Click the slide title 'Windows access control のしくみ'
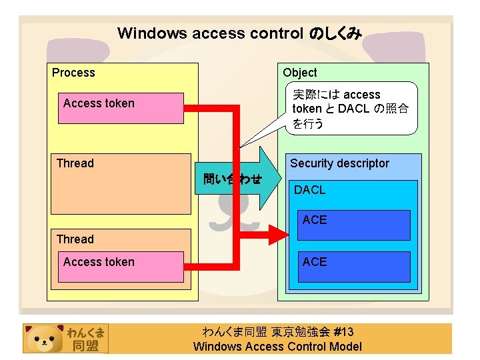239,33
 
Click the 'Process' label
73,73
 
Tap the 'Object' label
299,73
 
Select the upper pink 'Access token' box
121,108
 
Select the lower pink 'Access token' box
121,267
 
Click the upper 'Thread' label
75,163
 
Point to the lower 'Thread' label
75,239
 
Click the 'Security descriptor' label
339,163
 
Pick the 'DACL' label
310,190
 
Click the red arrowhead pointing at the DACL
276,233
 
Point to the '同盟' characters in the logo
85,345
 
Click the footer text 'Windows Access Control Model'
277,346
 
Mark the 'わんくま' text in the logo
85,332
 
